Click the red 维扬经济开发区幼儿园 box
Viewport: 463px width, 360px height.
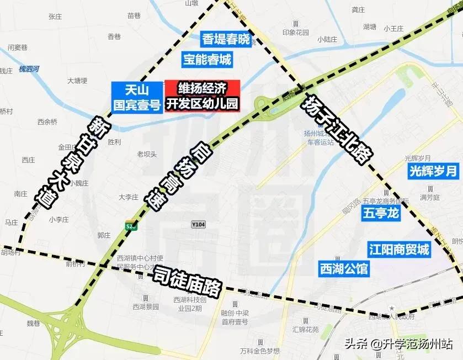tap(202, 96)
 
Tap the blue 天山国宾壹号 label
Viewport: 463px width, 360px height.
tap(136, 97)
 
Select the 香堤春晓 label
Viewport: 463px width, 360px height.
tap(226, 39)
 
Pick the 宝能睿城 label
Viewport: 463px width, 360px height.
tap(207, 59)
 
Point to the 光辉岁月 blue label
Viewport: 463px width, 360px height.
tap(433, 171)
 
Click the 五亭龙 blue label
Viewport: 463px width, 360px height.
tap(381, 213)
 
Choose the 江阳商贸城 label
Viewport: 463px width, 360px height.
tap(399, 250)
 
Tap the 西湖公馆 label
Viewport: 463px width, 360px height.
tap(344, 269)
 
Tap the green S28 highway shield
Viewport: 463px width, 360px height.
tap(131, 226)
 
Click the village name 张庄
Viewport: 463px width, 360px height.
tap(55, 17)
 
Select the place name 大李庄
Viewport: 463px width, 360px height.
tap(128, 197)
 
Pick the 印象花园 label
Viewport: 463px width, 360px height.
tap(296, 32)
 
